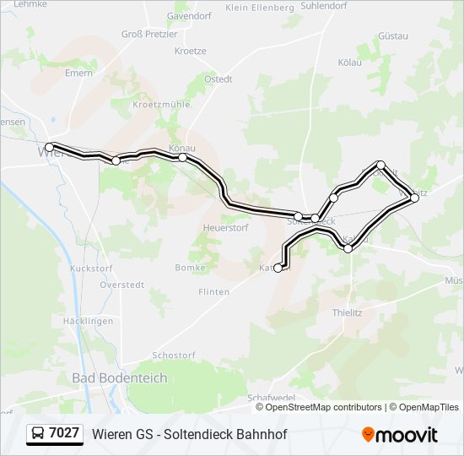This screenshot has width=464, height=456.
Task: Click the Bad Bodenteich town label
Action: (x=119, y=378)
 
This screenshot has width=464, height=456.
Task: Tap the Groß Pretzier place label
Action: (x=149, y=35)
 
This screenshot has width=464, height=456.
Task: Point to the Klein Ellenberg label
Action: (x=260, y=8)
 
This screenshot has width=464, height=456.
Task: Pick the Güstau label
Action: (x=393, y=36)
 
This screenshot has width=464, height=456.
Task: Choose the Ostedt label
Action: (x=219, y=79)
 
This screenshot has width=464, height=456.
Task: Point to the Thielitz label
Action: (x=347, y=312)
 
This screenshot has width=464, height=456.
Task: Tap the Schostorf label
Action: (x=173, y=356)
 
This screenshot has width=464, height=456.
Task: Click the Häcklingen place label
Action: (x=88, y=322)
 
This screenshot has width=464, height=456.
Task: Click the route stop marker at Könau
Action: (x=182, y=157)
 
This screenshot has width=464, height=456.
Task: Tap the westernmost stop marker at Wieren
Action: (x=49, y=147)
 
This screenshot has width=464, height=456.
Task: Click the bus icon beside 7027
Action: (x=38, y=434)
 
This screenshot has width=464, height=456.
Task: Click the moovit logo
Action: (x=400, y=435)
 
